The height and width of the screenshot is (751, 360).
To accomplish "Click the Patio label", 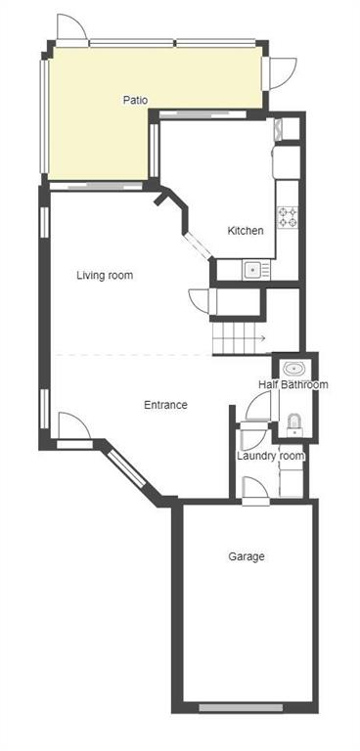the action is tap(135, 101).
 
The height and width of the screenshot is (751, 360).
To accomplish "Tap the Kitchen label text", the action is tap(245, 231).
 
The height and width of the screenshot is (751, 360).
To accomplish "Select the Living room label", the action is tap(105, 276).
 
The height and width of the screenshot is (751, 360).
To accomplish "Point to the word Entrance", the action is tap(165, 405).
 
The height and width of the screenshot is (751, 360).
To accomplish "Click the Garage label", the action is tap(246, 556).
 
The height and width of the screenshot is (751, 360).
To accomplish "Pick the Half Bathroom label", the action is tap(292, 384).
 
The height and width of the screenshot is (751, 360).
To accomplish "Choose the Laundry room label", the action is tap(270, 456).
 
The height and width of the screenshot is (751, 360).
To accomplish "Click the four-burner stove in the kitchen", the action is tap(288, 217).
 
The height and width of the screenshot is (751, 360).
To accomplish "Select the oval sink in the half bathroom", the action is tap(292, 369).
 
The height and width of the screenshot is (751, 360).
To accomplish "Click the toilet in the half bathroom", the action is tap(293, 424).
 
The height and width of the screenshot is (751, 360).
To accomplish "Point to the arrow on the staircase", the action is tap(260, 339).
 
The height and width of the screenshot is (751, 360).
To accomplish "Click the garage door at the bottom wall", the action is tap(241, 707).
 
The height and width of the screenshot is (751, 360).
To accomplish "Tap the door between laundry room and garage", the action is tap(255, 491).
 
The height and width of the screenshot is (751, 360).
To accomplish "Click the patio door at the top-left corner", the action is tap(72, 30).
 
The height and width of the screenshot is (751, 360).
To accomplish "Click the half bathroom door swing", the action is tap(259, 406).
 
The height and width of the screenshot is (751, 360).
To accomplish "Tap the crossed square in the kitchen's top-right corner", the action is tap(279, 129).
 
